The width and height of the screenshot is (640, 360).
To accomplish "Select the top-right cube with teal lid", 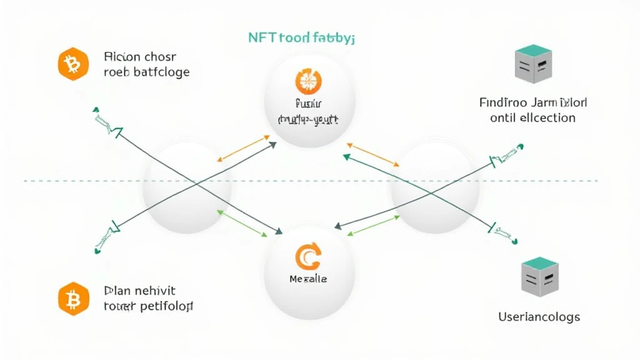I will (x=533, y=64).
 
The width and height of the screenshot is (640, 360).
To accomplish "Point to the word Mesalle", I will (x=308, y=279).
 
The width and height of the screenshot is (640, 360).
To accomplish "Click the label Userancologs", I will (x=539, y=317).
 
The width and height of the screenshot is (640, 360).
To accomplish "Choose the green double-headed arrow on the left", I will (x=242, y=224).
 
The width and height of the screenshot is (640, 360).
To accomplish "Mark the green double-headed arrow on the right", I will (x=374, y=225).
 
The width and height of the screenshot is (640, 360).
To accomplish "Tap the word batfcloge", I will (x=159, y=71).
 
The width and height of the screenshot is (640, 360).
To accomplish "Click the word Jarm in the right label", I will (x=550, y=102).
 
